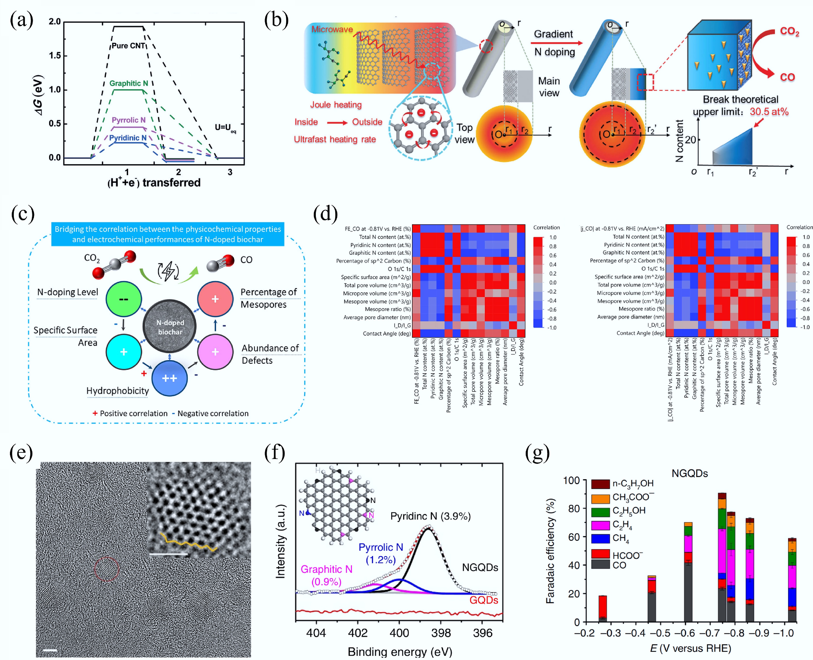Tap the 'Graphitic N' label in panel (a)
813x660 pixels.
point(128,83)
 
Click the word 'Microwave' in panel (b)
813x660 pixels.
point(332,29)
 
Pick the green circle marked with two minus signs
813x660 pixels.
point(124,299)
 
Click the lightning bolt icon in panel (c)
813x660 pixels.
point(168,271)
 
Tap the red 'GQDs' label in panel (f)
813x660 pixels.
point(484,600)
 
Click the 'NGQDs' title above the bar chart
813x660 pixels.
point(689,473)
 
